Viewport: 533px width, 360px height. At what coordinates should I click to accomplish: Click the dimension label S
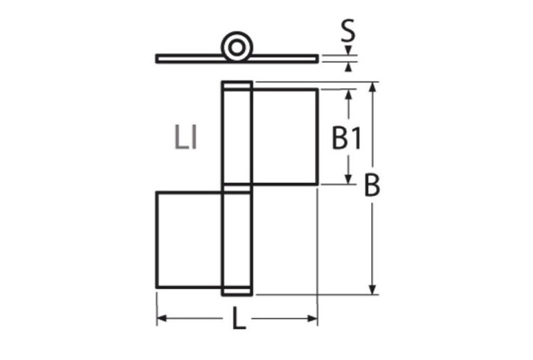pos(348,30)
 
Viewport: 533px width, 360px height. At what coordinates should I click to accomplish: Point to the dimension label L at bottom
pos(237,321)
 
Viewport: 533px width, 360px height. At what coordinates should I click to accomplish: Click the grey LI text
pos(186,138)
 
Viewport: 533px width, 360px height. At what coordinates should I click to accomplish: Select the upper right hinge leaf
pos(284,136)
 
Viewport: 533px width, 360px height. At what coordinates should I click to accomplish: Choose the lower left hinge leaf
pos(189,240)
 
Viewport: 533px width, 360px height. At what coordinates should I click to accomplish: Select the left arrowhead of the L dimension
pos(162,318)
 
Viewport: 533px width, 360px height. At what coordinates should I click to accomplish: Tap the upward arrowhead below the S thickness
pos(349,66)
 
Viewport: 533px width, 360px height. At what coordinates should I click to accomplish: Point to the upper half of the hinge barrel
pos(237,135)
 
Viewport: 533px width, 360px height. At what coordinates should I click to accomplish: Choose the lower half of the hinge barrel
pos(237,241)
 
